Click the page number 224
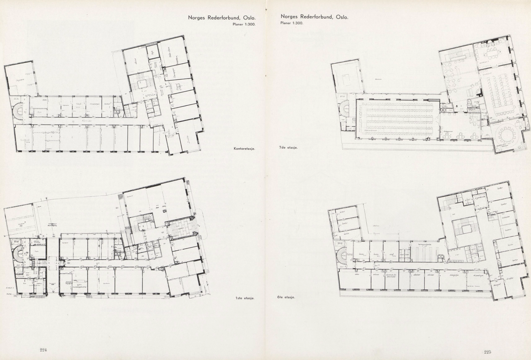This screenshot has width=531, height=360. click(x=43, y=350)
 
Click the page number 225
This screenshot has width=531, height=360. click(x=487, y=352)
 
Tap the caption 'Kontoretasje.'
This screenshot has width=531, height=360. click(x=244, y=149)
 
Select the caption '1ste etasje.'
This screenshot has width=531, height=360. click(x=245, y=298)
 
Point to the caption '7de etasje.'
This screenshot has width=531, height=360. click(x=288, y=147)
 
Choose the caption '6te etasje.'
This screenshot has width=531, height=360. click(x=286, y=297)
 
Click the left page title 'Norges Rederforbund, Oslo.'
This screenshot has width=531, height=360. click(x=222, y=18)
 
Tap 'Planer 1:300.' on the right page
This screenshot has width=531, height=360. click(x=291, y=23)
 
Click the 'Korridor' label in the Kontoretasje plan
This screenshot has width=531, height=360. click(x=87, y=121)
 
